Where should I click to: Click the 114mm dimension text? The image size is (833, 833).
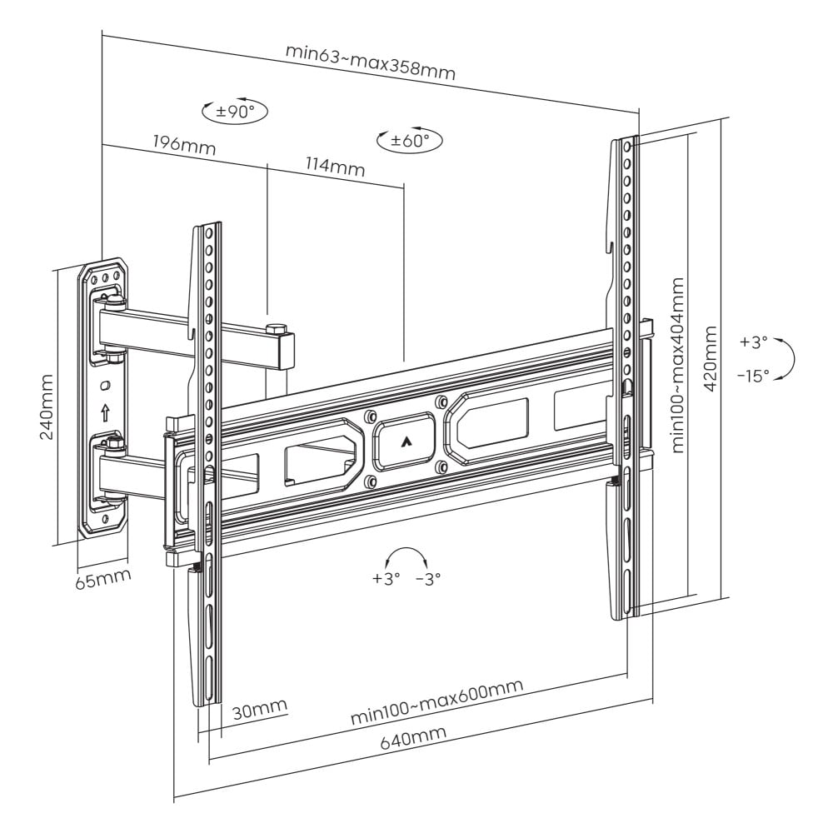click(335, 166)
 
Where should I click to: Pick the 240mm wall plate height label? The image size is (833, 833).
click(45, 406)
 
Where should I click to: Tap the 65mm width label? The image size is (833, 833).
click(102, 578)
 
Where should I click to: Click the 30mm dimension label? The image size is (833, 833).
click(259, 711)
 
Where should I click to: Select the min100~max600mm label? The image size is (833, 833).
click(436, 701)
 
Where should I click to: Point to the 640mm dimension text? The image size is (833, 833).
click(413, 738)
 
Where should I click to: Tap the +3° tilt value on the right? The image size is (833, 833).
click(753, 342)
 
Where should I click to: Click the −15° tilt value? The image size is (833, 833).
click(753, 376)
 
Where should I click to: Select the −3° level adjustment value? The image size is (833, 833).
click(428, 578)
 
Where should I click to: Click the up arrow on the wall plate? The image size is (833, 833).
click(105, 412)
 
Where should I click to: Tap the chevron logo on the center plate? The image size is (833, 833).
click(406, 442)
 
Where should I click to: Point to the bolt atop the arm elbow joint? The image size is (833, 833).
click(275, 325)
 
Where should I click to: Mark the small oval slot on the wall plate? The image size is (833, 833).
click(104, 386)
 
